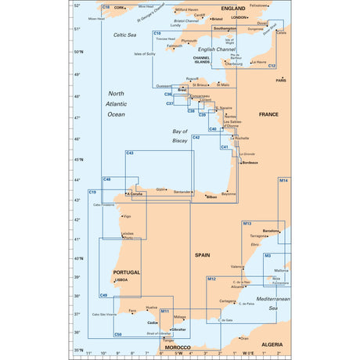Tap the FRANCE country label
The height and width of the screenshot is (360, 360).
[x=268, y=114]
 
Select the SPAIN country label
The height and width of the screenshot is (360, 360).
[x=203, y=255]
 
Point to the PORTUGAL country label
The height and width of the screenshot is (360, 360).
[x=125, y=272]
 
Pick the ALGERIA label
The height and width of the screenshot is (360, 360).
[x=272, y=344]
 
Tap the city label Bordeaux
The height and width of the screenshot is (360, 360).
[x=250, y=162]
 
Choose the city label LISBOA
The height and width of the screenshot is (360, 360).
[x=121, y=279]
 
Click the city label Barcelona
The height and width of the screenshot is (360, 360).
[x=272, y=232]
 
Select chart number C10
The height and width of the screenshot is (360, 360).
[x=157, y=33]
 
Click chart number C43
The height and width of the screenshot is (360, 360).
[x=130, y=153]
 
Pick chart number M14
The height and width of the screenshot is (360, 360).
[x=283, y=181]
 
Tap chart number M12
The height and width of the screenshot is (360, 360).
[x=211, y=279]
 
